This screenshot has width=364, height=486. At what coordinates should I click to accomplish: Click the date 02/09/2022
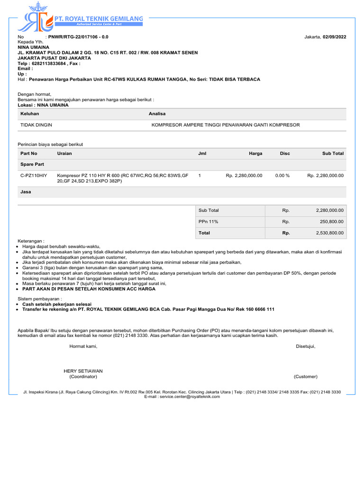point(334,37)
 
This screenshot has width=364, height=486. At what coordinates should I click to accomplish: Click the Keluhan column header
point(29,114)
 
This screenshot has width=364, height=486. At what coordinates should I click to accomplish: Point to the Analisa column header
point(157,114)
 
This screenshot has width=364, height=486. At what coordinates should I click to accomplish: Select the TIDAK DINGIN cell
point(36,125)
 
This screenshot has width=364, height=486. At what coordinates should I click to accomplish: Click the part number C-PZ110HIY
point(34,176)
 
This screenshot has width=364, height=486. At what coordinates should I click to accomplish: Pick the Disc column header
point(284,153)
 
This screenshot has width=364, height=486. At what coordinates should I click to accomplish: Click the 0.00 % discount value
point(282,176)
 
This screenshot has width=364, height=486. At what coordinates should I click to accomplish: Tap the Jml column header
point(202,153)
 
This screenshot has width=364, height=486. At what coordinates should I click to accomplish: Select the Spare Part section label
point(32,164)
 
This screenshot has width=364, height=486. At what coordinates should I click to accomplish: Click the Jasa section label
point(26,192)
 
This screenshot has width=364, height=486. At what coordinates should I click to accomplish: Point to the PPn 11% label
point(208,222)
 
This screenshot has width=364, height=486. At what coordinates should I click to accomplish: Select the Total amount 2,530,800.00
point(329,233)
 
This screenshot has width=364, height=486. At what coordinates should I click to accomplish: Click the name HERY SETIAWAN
point(83,371)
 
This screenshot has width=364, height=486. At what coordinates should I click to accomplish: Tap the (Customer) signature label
point(305,376)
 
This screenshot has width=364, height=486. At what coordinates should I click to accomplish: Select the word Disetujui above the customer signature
point(305,346)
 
